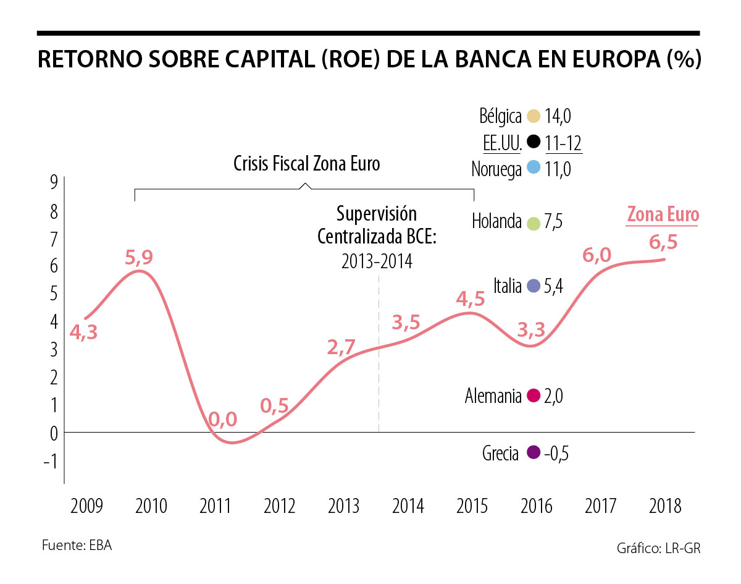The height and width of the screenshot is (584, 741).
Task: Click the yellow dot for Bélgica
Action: (534, 116)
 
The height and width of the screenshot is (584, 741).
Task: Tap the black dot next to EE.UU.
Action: (534, 143)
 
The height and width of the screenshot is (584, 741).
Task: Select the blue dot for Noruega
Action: (534, 168)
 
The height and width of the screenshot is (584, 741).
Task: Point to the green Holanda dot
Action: (534, 222)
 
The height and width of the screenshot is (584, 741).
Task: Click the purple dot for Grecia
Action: (534, 453)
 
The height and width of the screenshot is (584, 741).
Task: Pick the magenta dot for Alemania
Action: (534, 396)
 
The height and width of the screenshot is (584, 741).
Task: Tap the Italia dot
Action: (534, 286)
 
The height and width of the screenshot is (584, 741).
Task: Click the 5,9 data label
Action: (139, 258)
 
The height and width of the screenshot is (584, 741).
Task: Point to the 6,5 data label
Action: (664, 242)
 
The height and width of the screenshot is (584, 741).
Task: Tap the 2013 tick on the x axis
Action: (343, 507)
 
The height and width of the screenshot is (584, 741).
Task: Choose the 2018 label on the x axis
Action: (665, 507)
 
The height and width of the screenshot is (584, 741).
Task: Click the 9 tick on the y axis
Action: (54, 182)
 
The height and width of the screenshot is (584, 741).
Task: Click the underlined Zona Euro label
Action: (663, 215)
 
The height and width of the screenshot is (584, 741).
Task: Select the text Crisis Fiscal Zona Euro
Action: (306, 164)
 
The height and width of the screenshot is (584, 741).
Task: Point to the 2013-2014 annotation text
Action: (376, 261)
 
